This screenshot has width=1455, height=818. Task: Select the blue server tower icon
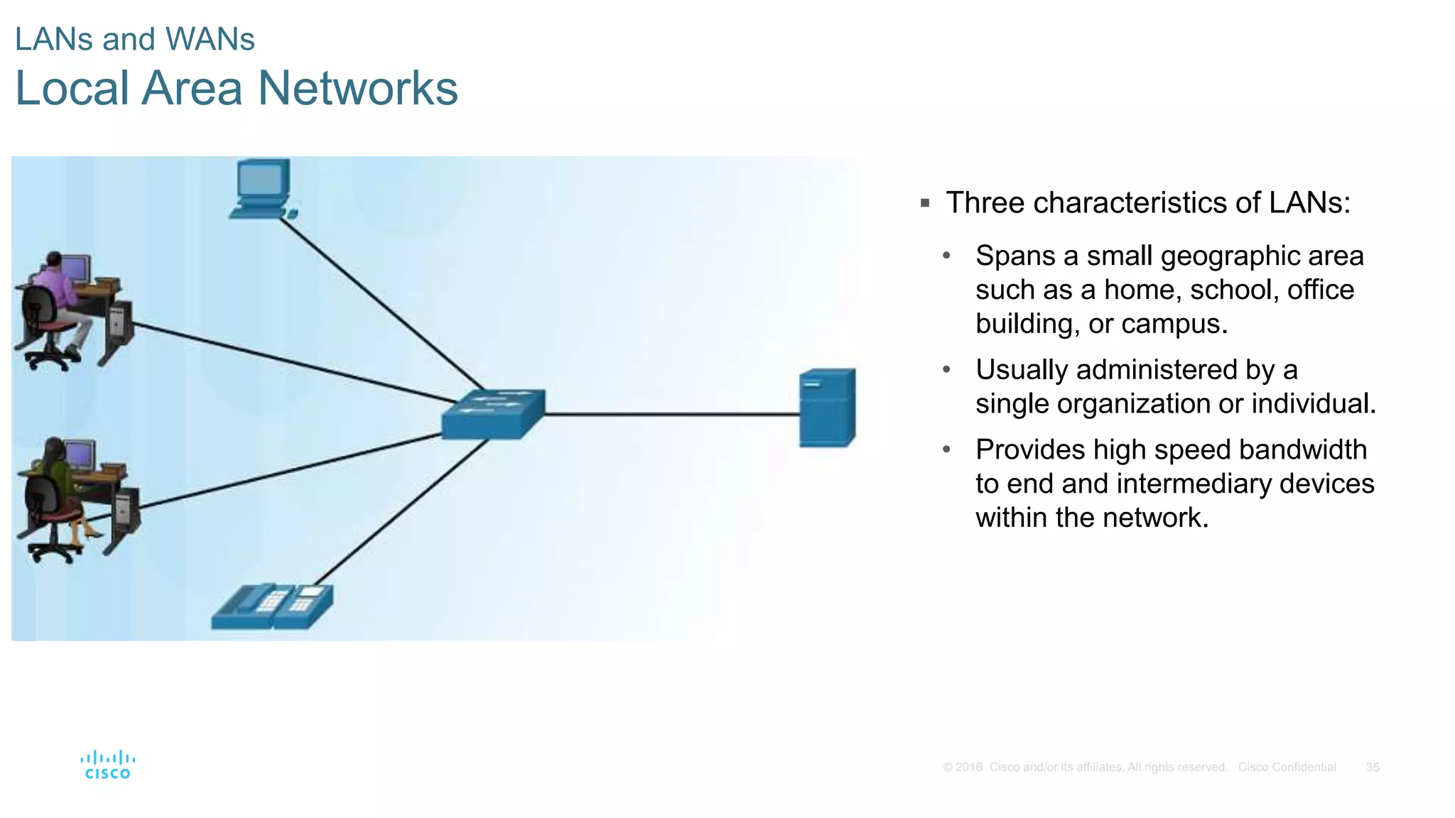(x=827, y=408)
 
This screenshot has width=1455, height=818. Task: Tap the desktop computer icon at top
(x=262, y=188)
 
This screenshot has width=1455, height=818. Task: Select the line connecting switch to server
(x=671, y=414)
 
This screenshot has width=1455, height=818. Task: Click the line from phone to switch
(x=401, y=511)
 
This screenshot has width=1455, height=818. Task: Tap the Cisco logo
(x=108, y=765)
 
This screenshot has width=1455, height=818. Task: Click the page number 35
(x=1373, y=768)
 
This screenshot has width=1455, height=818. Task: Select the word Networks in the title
(x=357, y=88)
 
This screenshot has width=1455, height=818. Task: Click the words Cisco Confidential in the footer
(x=1287, y=768)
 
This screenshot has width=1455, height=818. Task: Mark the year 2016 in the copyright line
(x=969, y=768)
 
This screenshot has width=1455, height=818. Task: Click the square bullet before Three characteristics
(x=925, y=204)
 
